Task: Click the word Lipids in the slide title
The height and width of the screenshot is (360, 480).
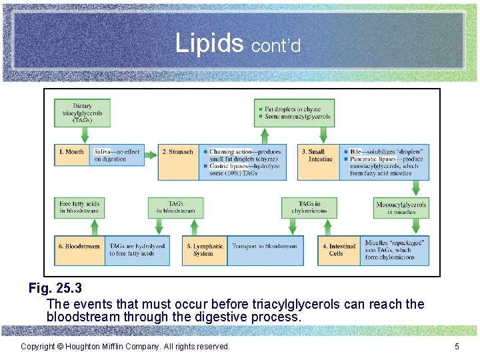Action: point(209,43)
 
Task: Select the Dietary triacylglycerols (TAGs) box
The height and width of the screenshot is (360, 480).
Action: point(83,113)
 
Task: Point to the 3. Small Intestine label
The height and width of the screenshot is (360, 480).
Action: point(317,155)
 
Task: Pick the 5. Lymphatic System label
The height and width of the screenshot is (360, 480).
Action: point(203,249)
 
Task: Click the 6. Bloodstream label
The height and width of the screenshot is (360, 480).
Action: point(79,246)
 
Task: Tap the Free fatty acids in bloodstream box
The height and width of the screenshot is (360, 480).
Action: point(79,207)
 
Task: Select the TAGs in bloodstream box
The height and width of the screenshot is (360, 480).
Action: point(175,207)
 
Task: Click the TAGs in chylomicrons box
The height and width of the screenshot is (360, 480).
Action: point(309,207)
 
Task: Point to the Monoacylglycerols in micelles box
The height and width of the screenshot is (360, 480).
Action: point(401,208)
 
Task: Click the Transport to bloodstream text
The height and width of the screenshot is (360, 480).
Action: point(265,246)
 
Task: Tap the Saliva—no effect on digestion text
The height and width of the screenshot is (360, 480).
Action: point(118,155)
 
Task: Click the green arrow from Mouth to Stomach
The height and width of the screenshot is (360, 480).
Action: point(151,152)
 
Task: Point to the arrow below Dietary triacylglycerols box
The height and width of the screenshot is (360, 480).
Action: point(84,135)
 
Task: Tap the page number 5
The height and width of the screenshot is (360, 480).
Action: point(457,346)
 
